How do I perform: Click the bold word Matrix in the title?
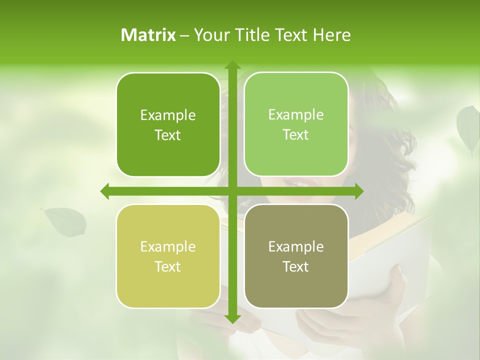[x=148, y=35]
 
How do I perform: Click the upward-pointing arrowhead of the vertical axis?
[x=232, y=65]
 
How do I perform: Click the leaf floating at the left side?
[x=65, y=221]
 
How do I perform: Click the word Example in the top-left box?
[x=168, y=115]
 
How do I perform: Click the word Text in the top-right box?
[x=296, y=135]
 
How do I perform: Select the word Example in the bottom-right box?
[x=296, y=246]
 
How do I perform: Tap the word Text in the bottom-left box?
[x=168, y=266]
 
